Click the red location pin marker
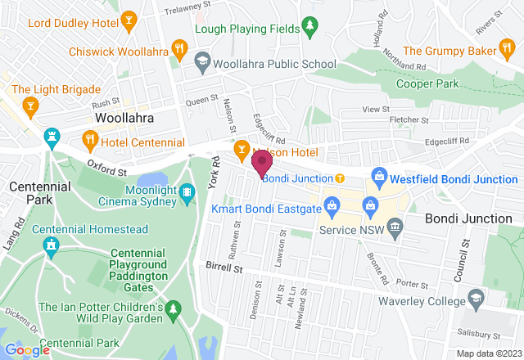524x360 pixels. (x=262, y=161)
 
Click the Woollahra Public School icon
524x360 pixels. (x=201, y=61)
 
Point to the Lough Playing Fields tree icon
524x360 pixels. (x=309, y=28)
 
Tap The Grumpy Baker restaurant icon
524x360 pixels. (x=507, y=51)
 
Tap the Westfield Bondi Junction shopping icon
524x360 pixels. (x=378, y=175)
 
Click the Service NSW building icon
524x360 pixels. (x=396, y=225)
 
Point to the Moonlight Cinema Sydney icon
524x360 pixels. (x=187, y=192)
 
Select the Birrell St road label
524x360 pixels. (x=224, y=268)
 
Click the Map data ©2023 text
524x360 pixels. (x=488, y=353)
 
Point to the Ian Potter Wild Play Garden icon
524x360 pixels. (x=174, y=308)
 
